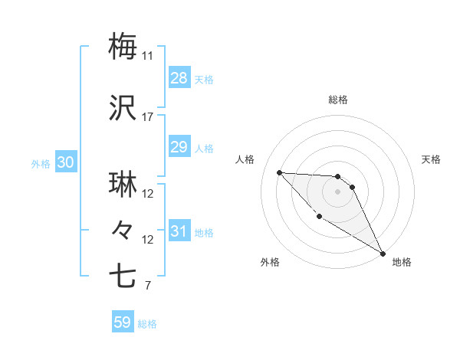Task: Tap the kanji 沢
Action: point(123,109)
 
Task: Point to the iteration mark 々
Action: point(123,228)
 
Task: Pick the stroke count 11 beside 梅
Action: point(147,56)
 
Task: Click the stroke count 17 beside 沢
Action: point(147,117)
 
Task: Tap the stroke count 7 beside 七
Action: point(147,286)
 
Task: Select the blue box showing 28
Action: point(179,78)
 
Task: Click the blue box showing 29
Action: point(179,147)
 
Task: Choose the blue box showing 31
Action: point(179,231)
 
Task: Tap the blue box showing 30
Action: point(65,162)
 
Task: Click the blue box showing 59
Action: point(122,322)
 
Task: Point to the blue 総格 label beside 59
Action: point(147,324)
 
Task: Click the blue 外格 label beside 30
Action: point(41,163)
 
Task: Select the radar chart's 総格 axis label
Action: point(338,100)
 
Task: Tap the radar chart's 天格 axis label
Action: point(432,159)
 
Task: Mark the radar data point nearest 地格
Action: point(383,254)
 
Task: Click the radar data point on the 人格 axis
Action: point(279,172)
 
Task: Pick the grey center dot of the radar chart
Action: point(338,191)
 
